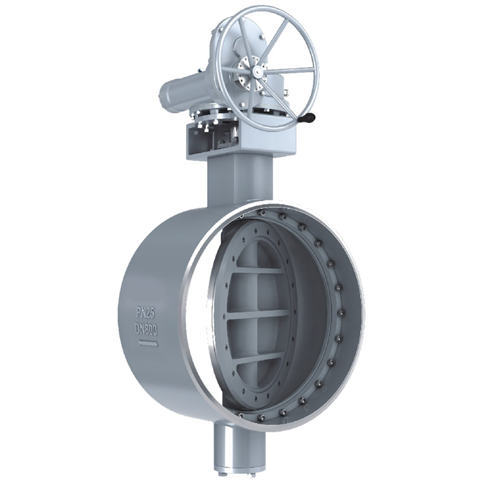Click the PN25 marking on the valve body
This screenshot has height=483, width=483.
146,313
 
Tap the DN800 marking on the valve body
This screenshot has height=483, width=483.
147,330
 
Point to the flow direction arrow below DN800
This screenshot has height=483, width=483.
149,344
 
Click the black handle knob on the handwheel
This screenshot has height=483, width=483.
309,118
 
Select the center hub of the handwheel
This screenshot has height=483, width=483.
257,72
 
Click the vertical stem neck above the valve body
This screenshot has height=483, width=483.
228,182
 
